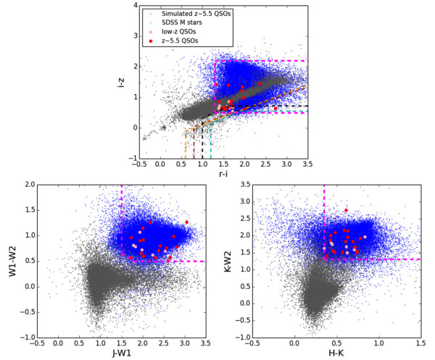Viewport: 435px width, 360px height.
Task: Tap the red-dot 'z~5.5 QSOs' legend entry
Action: pos(180,41)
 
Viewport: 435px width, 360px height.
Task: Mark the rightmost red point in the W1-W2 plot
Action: pos(186,222)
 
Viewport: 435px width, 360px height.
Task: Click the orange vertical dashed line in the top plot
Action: pos(186,145)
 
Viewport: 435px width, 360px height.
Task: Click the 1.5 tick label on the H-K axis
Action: pos(420,344)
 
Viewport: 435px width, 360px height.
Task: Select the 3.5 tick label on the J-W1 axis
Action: pos(206,344)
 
